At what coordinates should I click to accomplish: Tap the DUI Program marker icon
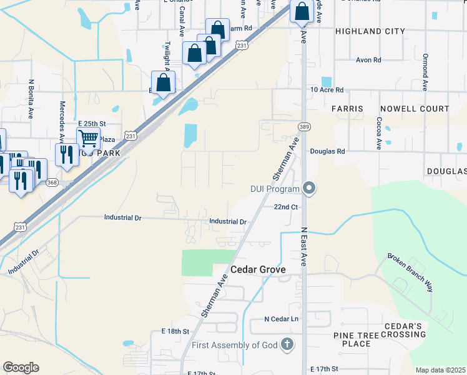pyautogui.click(x=308, y=188)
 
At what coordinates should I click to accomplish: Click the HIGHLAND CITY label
pyautogui.click(x=370, y=31)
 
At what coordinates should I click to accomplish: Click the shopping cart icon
pyautogui.click(x=89, y=138)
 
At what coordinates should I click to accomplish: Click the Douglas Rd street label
pyautogui.click(x=327, y=151)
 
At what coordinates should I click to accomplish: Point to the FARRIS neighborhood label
pyautogui.click(x=347, y=109)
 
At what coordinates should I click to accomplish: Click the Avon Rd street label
pyautogui.click(x=368, y=61)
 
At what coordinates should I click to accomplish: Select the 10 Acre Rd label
pyautogui.click(x=328, y=90)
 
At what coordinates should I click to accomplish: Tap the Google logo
pyautogui.click(x=21, y=367)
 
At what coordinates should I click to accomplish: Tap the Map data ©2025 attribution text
pyautogui.click(x=440, y=370)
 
